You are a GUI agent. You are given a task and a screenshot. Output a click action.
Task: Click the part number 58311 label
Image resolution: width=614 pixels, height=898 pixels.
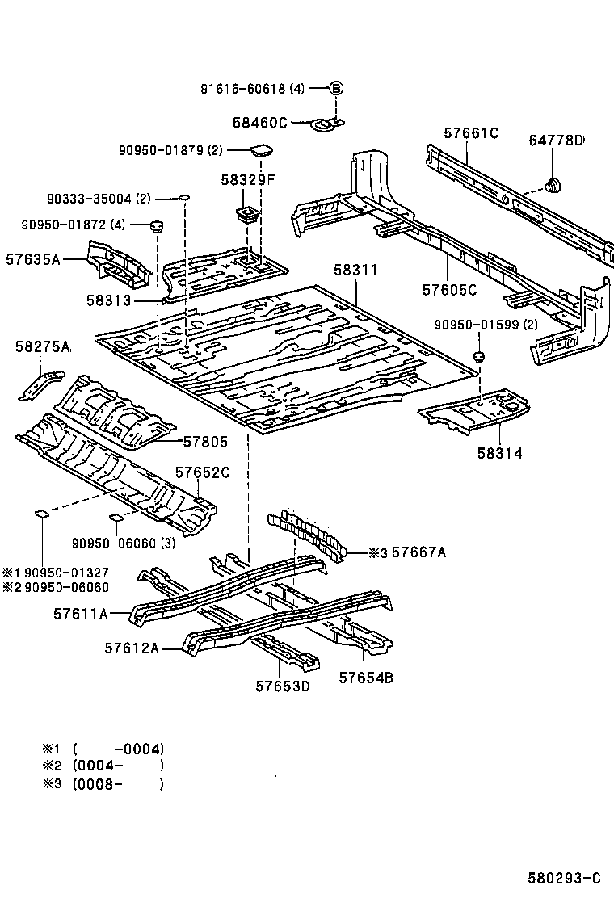tap(355, 271)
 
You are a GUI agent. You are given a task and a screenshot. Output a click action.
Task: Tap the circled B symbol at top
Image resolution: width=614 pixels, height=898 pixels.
tap(337, 90)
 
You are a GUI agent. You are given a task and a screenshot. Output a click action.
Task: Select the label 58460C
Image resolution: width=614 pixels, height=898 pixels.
tap(260, 123)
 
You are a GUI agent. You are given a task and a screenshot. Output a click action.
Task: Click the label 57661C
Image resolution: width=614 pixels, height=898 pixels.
tap(471, 133)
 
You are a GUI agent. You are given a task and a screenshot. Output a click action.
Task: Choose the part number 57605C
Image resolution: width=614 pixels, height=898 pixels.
tap(449, 288)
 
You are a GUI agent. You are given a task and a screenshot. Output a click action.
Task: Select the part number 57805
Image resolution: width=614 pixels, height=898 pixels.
tap(205, 442)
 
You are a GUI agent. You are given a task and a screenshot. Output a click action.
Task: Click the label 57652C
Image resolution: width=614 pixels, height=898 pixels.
tap(203, 473)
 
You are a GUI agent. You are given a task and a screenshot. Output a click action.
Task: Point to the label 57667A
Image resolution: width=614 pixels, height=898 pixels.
tap(418, 552)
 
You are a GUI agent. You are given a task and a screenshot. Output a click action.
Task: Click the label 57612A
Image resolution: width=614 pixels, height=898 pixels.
tap(131, 648)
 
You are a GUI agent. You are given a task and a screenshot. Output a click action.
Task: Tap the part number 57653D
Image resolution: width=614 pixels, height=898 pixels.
tap(283, 686)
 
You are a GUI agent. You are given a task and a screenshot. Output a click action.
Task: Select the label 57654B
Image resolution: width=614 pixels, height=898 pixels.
tap(365, 678)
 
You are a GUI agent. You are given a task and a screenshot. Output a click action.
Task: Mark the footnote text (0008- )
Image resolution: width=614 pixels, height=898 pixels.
tap(118, 783)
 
